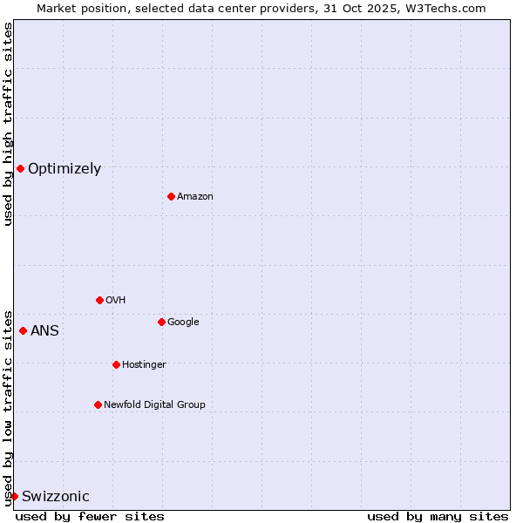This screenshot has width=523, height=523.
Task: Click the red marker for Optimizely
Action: [x=20, y=168]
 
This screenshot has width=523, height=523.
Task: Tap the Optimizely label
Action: [x=65, y=169]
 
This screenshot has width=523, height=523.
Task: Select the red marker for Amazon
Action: [x=171, y=196]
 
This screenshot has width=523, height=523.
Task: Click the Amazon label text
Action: [x=195, y=197]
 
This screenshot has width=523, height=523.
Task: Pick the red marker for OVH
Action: [x=99, y=300]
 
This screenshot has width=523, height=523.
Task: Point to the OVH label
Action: [x=116, y=301]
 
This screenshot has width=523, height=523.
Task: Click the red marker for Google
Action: [x=161, y=322]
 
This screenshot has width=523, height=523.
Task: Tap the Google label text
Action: [x=183, y=323]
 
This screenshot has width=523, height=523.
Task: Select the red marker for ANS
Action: [x=23, y=330]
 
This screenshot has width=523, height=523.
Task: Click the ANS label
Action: [x=44, y=331]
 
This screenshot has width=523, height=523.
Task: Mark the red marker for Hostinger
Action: [x=116, y=364]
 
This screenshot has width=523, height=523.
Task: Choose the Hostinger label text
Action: [x=144, y=365]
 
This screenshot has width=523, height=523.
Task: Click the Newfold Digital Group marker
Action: [x=98, y=404]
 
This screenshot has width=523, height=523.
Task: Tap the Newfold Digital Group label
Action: [x=154, y=405]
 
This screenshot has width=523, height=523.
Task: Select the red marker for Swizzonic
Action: [x=14, y=496]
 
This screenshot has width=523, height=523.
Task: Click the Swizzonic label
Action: [x=56, y=497]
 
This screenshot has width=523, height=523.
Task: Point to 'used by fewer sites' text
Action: [x=90, y=516]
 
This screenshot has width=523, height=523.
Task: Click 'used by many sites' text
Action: [x=438, y=516]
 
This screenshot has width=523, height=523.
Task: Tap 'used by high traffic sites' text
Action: [x=9, y=124]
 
